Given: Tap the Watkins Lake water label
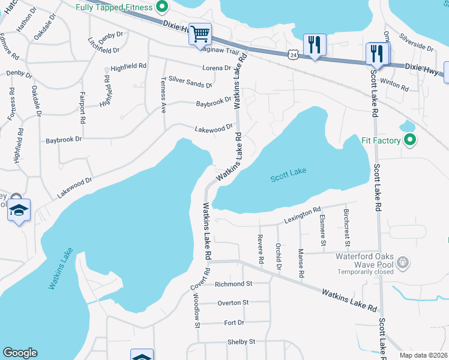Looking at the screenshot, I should tap(60, 269).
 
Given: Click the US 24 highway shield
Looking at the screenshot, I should tap(292, 55).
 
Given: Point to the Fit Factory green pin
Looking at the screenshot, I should tap(410, 141).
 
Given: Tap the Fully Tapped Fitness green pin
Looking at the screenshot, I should tap(161, 7).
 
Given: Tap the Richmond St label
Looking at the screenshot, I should tap(235, 283).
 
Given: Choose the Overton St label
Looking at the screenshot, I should tap(233, 303).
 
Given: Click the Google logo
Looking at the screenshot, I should tap(20, 353).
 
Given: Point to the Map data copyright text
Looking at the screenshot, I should tap(424, 355).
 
